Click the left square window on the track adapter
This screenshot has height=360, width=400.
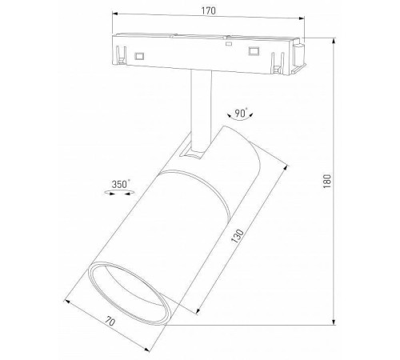click(x=141, y=55)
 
